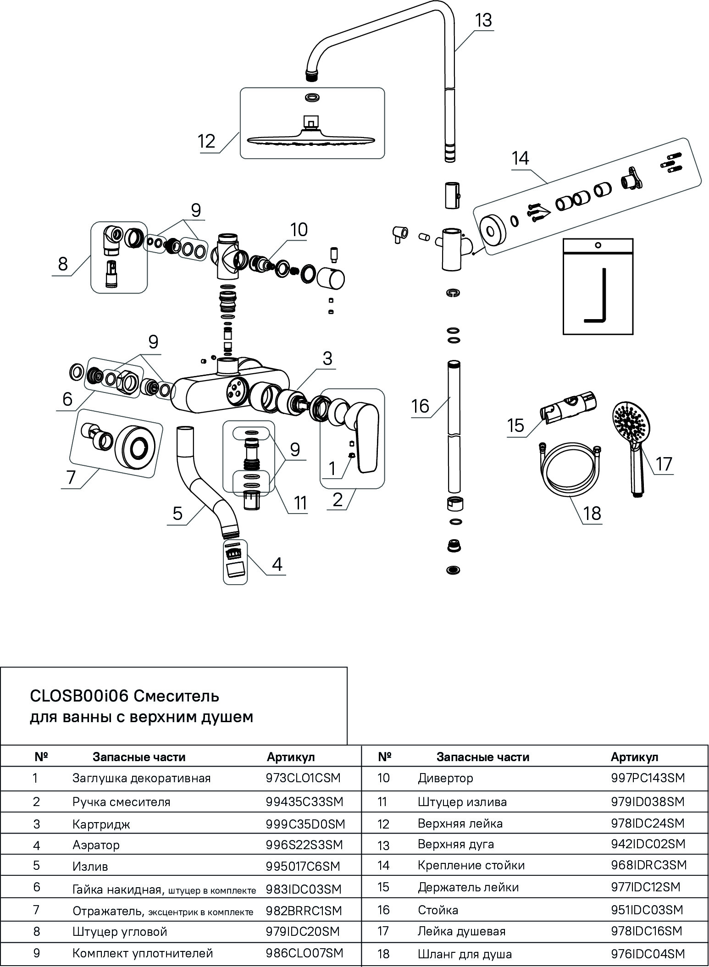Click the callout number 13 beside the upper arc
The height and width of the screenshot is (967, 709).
(483, 20)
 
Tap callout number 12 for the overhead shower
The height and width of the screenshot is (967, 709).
(207, 141)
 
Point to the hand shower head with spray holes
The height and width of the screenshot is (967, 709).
(631, 420)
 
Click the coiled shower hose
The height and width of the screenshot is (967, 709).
(569, 466)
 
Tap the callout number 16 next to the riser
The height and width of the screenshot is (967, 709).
(420, 406)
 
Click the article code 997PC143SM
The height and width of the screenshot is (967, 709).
(648, 778)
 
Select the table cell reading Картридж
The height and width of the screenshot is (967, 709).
(101, 824)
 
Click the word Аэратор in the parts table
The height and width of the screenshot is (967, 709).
(96, 845)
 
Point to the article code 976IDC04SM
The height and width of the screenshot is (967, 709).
(648, 954)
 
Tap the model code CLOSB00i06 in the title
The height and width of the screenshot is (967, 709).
(79, 696)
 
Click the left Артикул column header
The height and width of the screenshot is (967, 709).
(291, 757)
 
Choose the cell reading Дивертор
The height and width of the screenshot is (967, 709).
(445, 778)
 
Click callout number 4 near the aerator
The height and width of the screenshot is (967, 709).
(277, 564)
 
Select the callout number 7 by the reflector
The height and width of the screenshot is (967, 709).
(71, 477)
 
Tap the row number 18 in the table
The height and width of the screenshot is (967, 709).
(383, 954)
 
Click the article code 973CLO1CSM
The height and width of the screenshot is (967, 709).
(303, 778)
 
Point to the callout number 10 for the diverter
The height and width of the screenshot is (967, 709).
(299, 229)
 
